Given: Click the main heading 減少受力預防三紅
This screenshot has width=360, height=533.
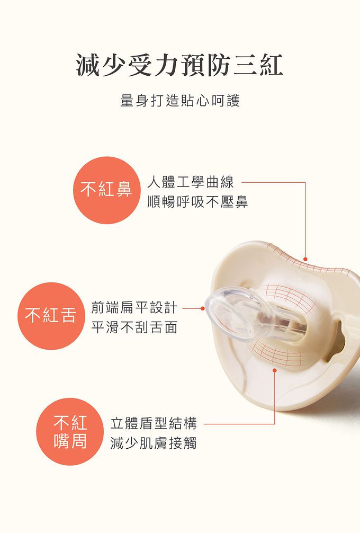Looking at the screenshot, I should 180,66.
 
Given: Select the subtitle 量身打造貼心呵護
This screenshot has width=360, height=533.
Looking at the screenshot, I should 180,101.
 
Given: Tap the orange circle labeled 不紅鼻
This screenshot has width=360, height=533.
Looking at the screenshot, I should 106,190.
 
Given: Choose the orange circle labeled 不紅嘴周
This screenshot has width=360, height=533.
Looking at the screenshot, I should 70,432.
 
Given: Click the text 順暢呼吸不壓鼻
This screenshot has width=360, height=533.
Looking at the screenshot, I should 197,202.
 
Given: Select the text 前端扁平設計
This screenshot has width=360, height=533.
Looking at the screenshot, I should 134,307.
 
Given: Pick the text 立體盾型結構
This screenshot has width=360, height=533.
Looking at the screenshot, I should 154,423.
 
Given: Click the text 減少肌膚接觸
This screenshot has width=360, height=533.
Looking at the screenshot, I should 154,443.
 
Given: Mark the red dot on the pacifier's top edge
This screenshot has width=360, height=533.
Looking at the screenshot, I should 305,259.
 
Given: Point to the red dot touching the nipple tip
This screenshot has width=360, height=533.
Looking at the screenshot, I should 202,308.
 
